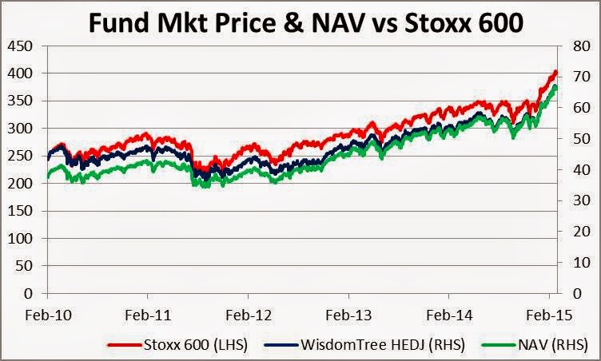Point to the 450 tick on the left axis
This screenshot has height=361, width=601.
pyautogui.click(x=21, y=46)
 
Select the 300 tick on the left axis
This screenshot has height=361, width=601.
pyautogui.click(x=21, y=129)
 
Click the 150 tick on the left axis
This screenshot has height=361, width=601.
pyautogui.click(x=21, y=212)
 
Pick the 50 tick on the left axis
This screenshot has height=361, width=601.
pyautogui.click(x=25, y=267)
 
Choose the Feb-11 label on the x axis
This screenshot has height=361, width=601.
pyautogui.click(x=147, y=315)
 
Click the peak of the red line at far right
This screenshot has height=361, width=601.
pyautogui.click(x=555, y=72)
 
